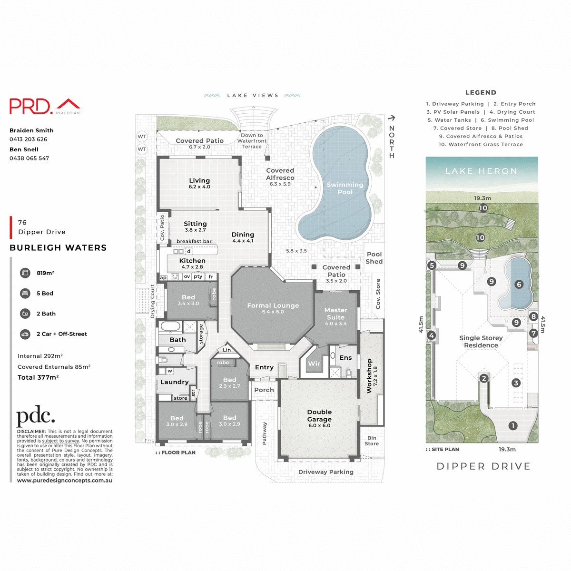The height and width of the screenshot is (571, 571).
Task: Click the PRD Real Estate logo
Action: click(x=45, y=106)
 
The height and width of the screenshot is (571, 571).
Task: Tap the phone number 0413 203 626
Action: click(x=29, y=139)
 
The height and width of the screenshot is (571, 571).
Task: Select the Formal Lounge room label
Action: click(x=273, y=308)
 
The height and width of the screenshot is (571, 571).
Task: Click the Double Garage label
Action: click(x=319, y=415)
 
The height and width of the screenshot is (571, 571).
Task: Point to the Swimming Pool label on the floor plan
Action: click(x=345, y=188)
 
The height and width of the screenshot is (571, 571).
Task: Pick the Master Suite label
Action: click(x=335, y=314)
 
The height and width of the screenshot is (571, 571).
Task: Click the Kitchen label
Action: click(x=192, y=261)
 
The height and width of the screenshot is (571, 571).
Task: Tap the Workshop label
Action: click(x=369, y=375)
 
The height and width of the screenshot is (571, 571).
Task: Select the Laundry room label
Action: click(x=174, y=382)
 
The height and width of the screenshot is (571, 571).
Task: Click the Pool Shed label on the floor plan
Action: click(x=374, y=258)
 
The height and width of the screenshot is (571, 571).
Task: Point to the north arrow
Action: click(x=392, y=118)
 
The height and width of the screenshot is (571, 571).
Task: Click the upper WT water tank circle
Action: click(x=142, y=137)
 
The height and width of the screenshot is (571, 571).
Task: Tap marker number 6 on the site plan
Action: click(x=519, y=285)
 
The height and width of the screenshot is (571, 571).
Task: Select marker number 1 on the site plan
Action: click(x=512, y=426)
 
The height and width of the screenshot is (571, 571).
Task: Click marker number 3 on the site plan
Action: click(x=516, y=383)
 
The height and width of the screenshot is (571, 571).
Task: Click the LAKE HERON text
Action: click(x=481, y=171)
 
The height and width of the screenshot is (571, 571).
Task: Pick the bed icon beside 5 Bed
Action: click(x=25, y=294)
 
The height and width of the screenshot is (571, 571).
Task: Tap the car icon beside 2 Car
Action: click(x=25, y=334)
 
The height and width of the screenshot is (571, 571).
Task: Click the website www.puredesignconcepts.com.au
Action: click(x=65, y=481)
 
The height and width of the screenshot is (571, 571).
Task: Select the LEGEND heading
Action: click(x=481, y=93)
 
